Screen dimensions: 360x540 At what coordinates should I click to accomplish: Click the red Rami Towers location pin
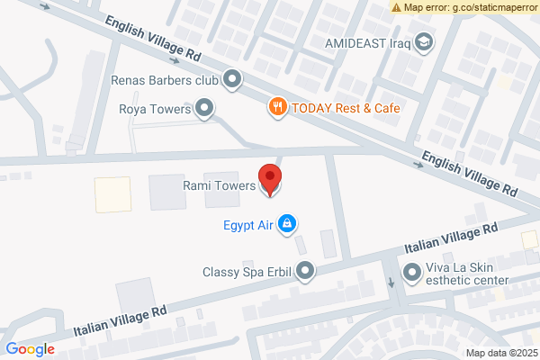(270, 177)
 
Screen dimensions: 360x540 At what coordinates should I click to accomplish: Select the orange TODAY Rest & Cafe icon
(279, 108)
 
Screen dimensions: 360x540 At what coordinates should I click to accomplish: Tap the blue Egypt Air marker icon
(287, 222)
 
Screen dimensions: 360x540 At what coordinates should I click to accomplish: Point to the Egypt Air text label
(247, 223)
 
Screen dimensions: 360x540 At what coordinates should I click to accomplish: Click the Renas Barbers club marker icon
(232, 80)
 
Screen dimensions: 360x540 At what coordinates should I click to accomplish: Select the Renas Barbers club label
(165, 80)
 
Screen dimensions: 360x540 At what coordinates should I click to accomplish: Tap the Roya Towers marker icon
(206, 110)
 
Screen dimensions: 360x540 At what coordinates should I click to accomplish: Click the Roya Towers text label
(156, 110)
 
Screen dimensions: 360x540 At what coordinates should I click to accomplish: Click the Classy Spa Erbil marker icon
(307, 270)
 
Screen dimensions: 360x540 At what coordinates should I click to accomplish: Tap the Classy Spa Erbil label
(247, 271)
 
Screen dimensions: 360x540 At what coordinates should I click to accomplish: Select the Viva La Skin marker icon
(412, 271)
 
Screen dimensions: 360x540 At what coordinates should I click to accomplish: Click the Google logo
(30, 349)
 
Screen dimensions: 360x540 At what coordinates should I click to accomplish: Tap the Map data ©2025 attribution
(499, 352)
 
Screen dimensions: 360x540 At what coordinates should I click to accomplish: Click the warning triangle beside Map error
(397, 7)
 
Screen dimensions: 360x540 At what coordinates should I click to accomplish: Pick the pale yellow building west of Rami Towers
(113, 194)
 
